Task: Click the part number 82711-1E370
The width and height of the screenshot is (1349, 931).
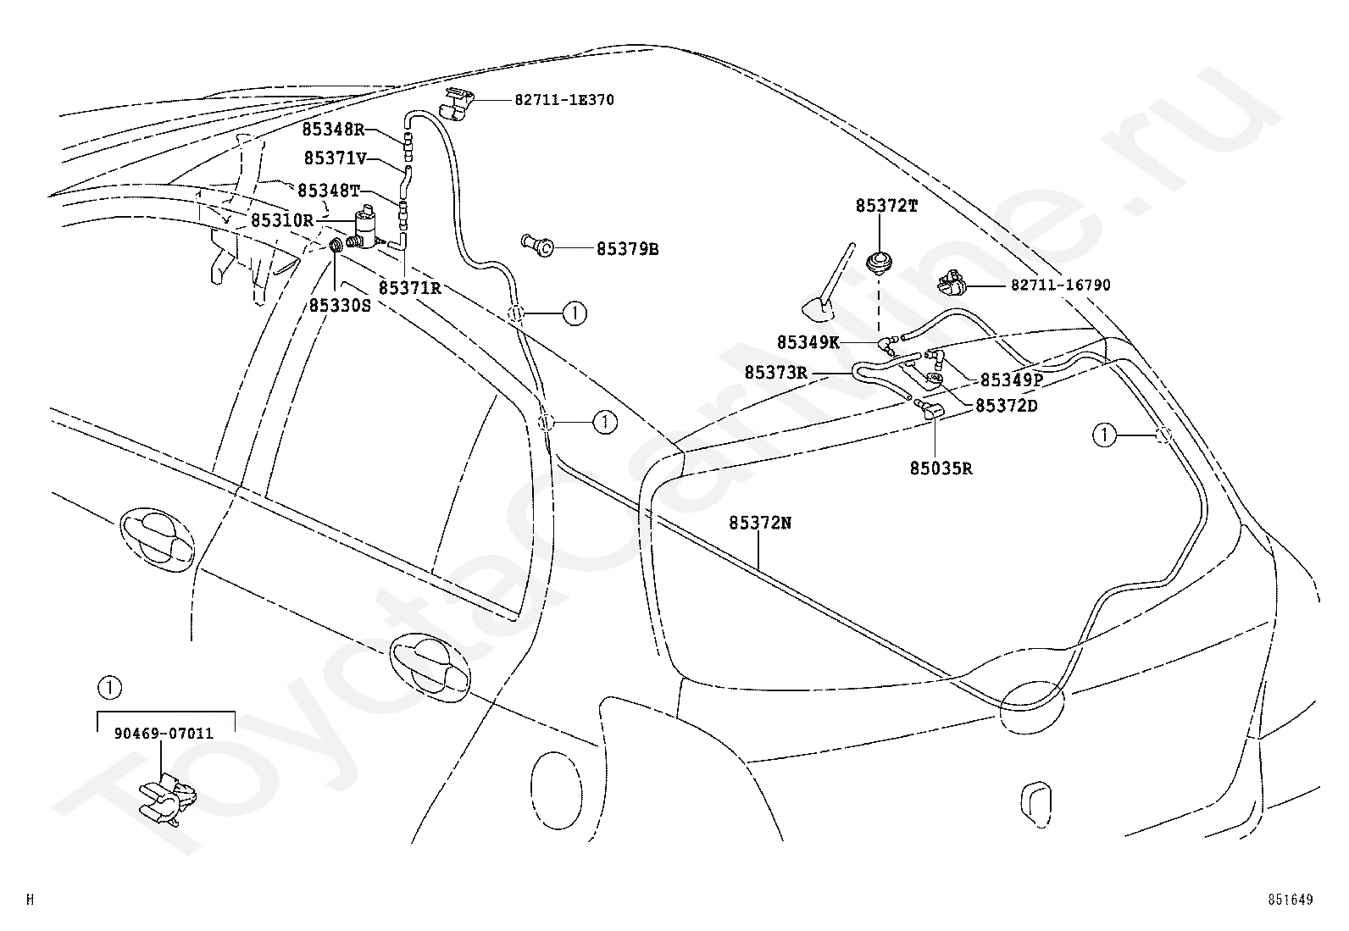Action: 564,100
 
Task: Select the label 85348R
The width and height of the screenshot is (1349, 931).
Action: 333,129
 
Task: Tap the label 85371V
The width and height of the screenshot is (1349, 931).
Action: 336,158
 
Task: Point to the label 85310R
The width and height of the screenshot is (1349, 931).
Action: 282,220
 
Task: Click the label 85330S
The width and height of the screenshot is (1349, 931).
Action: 341,306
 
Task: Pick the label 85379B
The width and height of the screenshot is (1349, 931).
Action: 628,249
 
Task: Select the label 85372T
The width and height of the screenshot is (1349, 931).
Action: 887,206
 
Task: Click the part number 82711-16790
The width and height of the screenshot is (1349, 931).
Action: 1061,285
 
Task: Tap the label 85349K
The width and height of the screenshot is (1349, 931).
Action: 808,342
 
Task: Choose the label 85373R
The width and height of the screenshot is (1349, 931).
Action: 775,373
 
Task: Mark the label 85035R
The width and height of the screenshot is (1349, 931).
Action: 941,468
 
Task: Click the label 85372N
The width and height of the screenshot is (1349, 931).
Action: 760,523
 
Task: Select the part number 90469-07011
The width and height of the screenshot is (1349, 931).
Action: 164,734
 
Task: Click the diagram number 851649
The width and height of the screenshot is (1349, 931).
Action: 1290,900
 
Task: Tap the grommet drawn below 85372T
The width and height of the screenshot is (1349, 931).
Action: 880,263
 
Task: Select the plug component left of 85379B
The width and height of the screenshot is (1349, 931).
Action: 536,245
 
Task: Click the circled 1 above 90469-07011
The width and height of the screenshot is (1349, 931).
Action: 109,688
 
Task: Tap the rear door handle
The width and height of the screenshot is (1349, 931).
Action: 430,666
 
